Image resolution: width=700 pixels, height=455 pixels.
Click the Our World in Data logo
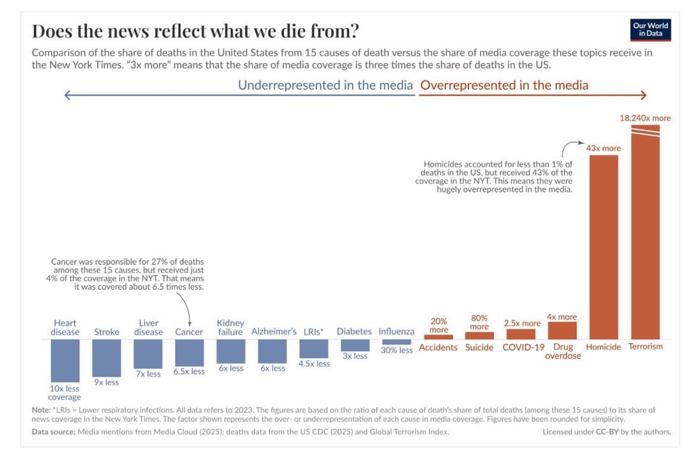pos(650,30)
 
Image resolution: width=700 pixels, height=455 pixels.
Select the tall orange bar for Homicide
pos(603,246)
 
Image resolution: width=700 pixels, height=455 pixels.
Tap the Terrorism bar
pos(645,233)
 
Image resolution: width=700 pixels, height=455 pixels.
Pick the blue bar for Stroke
pos(106,358)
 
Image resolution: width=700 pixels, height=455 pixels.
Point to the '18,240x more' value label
pos(645,118)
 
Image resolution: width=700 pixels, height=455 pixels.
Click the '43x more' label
pos(603,148)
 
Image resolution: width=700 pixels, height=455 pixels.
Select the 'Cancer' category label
pos(189,332)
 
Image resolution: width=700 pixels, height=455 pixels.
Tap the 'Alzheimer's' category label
pos(274,332)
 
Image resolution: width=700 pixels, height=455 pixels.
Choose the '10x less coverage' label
pos(64,393)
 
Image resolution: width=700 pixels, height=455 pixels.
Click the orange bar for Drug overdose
pos(562,331)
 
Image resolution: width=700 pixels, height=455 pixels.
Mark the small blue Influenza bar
pos(397,342)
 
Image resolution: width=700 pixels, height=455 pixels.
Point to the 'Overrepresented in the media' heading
pos(504,85)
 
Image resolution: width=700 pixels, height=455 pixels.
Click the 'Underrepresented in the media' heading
pos(325,85)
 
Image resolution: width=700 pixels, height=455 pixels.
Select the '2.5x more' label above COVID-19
pos(522,323)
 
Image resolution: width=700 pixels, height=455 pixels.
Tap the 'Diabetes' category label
pos(354,332)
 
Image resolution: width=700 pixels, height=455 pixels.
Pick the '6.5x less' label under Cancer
pos(189,372)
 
